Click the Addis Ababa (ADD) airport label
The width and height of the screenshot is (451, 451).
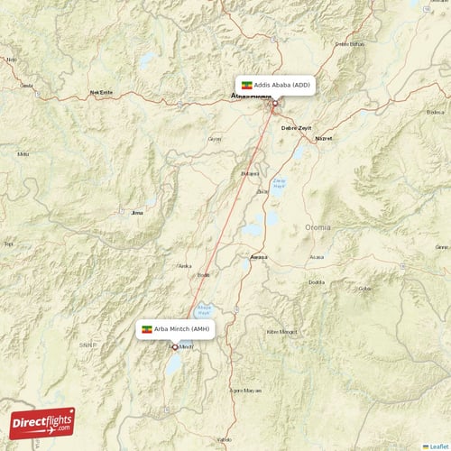tap(276, 85)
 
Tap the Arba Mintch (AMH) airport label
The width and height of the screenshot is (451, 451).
tap(176, 329)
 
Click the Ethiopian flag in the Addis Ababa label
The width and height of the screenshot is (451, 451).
tap(246, 85)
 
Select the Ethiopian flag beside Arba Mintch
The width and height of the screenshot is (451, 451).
tap(147, 329)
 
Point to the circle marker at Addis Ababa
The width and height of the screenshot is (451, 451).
tap(275, 103)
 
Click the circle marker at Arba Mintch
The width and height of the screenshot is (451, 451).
tap(175, 346)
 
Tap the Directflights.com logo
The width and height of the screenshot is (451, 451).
tap(41, 423)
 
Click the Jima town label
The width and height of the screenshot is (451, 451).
tap(137, 213)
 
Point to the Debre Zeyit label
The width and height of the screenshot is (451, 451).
tap(296, 128)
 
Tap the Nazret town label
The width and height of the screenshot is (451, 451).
tap(324, 138)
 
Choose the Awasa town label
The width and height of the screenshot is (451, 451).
tap(259, 257)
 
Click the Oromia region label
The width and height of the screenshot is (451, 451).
tap(318, 227)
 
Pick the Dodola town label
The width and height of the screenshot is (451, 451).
tap(316, 281)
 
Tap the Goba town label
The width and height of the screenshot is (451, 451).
tap(364, 289)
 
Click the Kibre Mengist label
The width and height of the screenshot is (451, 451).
tap(281, 331)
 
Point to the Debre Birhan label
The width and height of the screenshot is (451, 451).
tap(349, 43)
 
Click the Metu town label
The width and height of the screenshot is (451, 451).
tap(23, 154)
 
